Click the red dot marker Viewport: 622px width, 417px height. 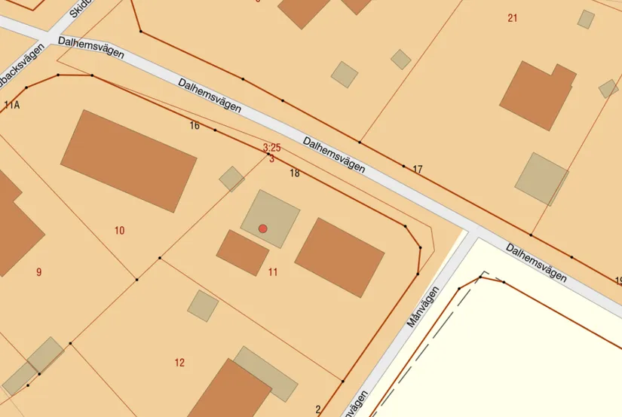click(x=262, y=228)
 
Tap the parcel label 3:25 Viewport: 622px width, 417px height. click(x=271, y=147)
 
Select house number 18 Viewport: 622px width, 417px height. click(x=295, y=173)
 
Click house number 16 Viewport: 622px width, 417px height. click(x=195, y=126)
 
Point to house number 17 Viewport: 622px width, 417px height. click(x=417, y=169)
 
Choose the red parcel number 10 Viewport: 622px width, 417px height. click(x=119, y=231)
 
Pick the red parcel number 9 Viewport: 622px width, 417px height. click(x=38, y=272)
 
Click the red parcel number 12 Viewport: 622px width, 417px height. click(x=179, y=363)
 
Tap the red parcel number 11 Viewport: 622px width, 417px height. click(x=273, y=272)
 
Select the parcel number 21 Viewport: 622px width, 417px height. click(x=513, y=18)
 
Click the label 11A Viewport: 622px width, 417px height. click(x=11, y=105)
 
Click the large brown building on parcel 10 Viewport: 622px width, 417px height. click(x=128, y=160)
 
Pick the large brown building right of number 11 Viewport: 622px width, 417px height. click(x=339, y=256)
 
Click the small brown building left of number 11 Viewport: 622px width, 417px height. click(x=242, y=252)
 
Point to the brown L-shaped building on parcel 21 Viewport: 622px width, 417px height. click(x=537, y=94)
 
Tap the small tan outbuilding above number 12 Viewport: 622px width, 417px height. click(x=203, y=305)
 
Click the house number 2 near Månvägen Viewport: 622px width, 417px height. click(x=318, y=409)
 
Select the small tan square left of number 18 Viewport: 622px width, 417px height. click(x=231, y=179)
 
